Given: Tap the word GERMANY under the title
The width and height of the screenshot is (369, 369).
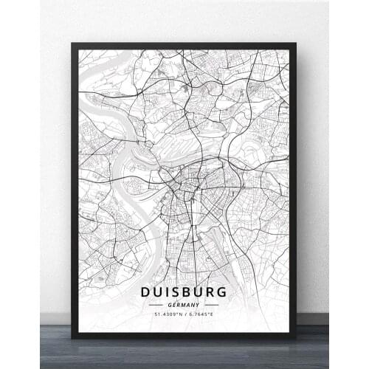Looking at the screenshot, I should pyautogui.click(x=184, y=304).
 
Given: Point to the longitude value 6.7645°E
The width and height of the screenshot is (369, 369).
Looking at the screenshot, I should pyautogui.click(x=201, y=314).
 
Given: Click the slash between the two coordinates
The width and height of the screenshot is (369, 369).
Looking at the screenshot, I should pyautogui.click(x=185, y=314).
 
